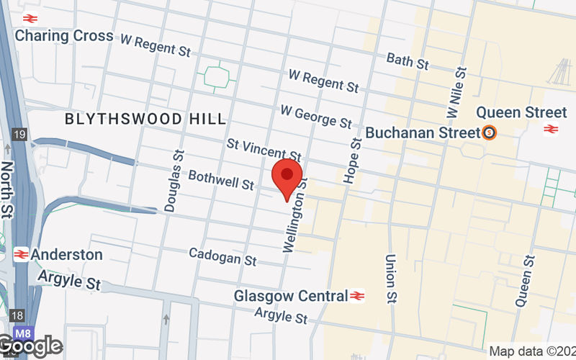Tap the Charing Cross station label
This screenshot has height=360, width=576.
(64, 35)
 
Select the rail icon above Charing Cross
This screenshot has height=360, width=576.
(30, 17)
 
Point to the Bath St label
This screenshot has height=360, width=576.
(408, 60)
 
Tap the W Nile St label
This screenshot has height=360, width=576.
(458, 94)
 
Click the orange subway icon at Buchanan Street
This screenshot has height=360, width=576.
(490, 132)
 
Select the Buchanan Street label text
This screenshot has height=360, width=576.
(423, 132)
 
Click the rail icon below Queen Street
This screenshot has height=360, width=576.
(552, 129)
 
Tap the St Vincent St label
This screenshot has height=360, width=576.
(264, 150)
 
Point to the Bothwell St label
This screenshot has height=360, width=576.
(221, 180)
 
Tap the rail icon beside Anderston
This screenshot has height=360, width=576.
(21, 254)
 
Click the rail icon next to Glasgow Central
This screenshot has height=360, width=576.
(358, 296)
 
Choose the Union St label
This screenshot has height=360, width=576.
(392, 278)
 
